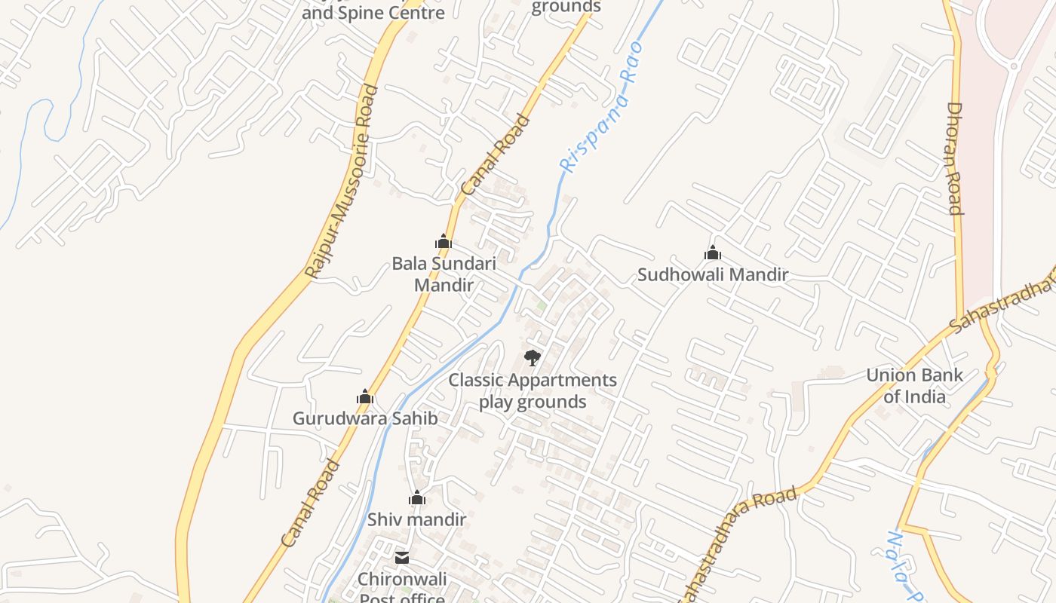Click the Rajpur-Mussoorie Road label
(x=340, y=182)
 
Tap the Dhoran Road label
(x=954, y=158)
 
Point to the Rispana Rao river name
(x=601, y=107)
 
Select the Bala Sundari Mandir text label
(x=444, y=274)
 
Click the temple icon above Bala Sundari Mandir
(x=444, y=242)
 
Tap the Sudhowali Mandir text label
(x=713, y=274)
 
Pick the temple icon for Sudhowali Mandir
(x=713, y=253)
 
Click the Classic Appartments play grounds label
(x=533, y=390)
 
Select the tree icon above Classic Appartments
(x=533, y=357)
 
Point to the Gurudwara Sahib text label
(x=365, y=418)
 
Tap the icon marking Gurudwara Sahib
(x=365, y=397)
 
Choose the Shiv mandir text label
(x=416, y=519)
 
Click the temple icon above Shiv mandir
(x=417, y=498)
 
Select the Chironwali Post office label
(x=402, y=588)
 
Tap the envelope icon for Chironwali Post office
(x=402, y=558)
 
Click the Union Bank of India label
(x=914, y=385)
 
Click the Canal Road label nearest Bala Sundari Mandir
(x=495, y=155)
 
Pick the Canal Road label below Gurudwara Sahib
(x=310, y=504)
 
